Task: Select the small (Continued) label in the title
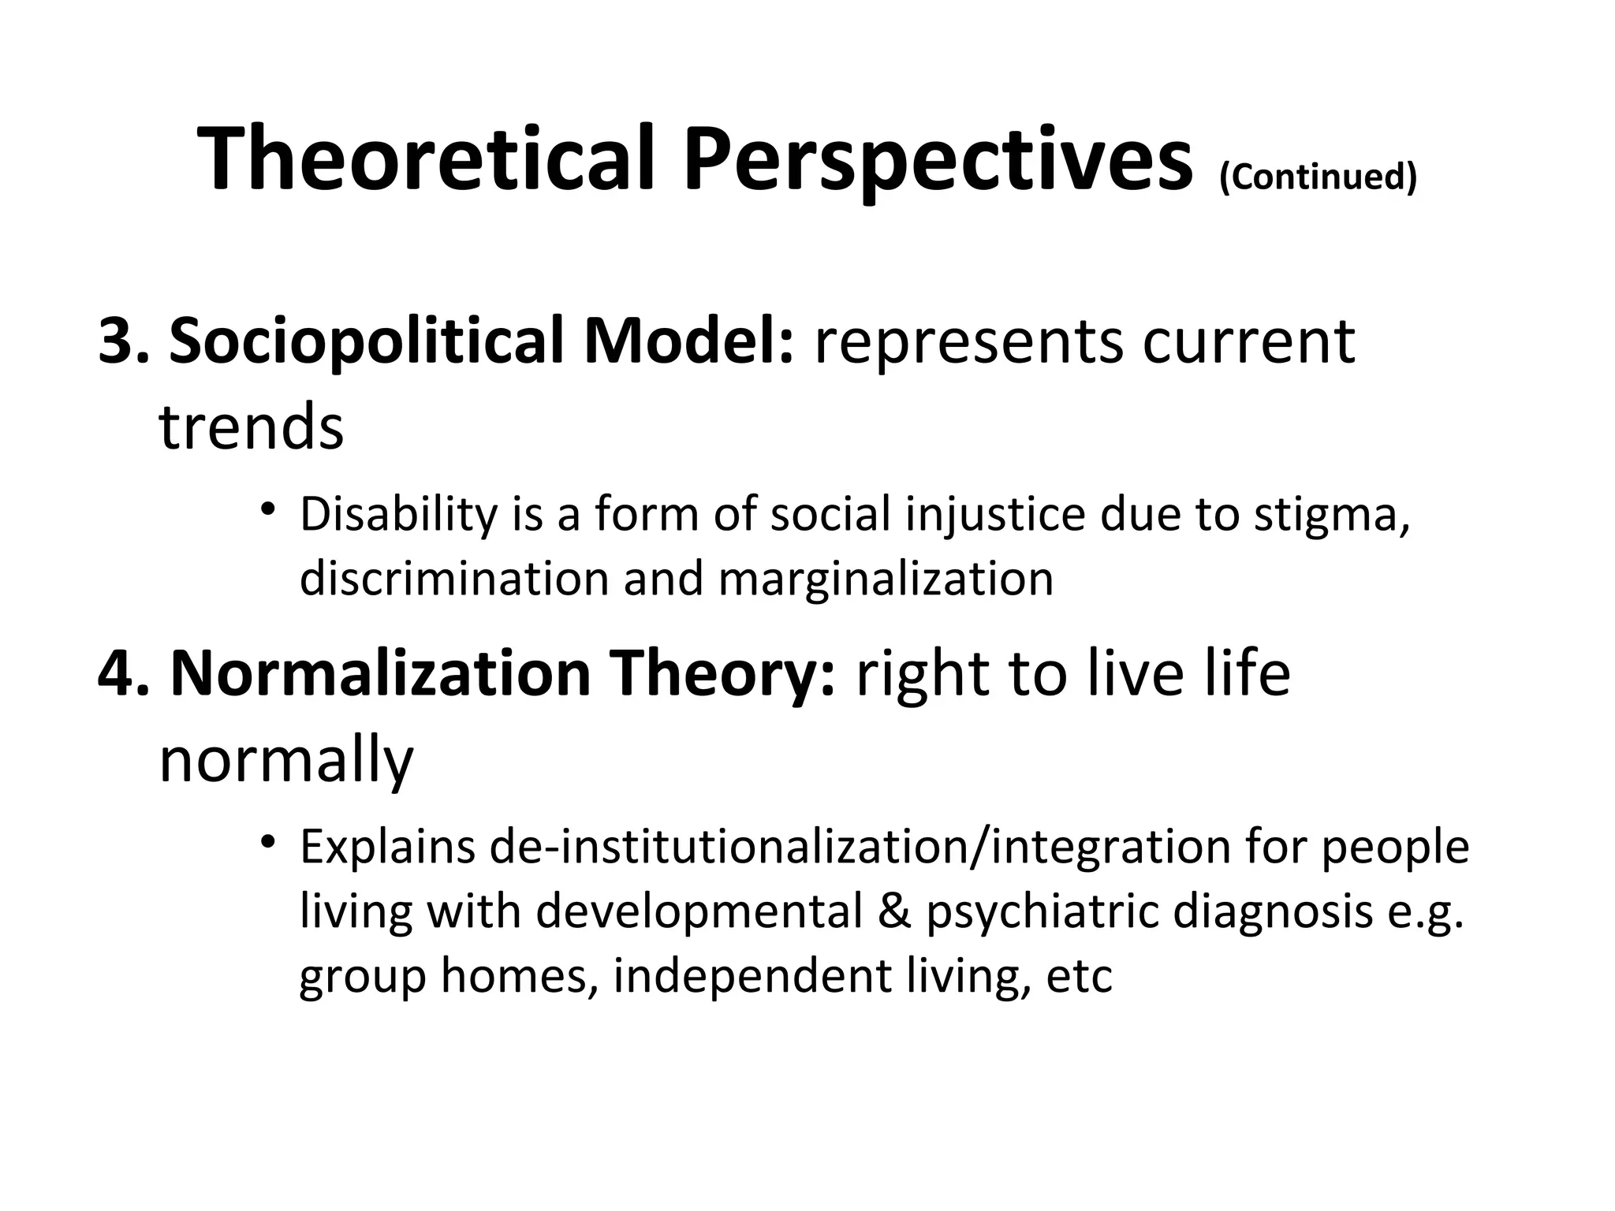1318,176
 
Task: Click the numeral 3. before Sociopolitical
123,341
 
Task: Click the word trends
251,427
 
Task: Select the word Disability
399,515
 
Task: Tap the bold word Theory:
723,675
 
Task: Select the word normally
285,762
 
